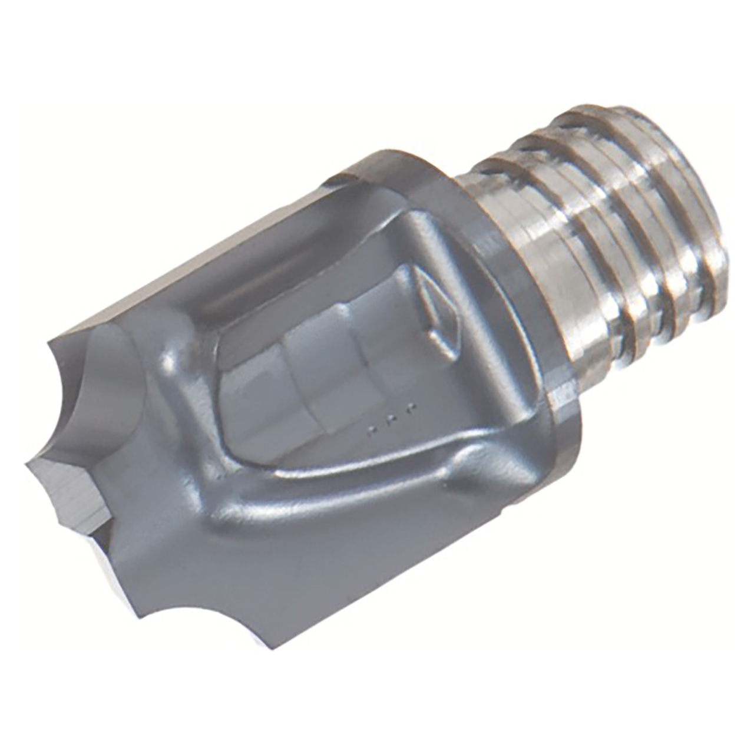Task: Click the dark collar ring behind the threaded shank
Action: pyautogui.click(x=530, y=330)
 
